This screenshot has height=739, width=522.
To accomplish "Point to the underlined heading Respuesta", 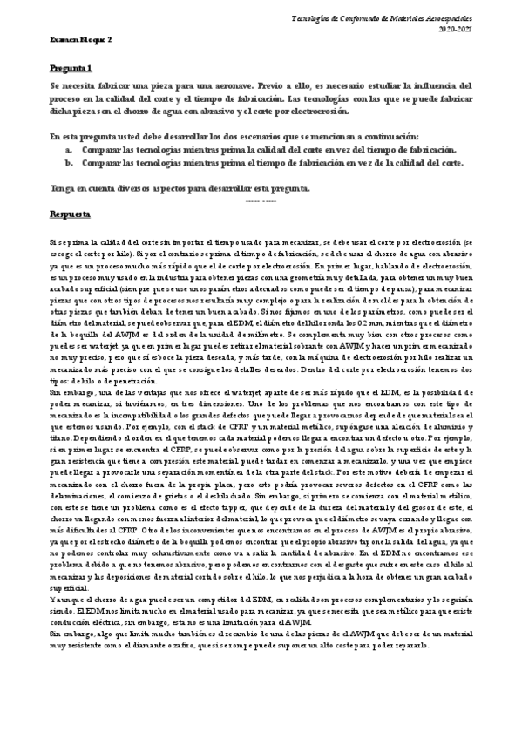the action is click(68, 213).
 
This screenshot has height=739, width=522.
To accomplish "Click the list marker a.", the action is click(69, 150).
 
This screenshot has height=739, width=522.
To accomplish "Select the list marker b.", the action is click(69, 162).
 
